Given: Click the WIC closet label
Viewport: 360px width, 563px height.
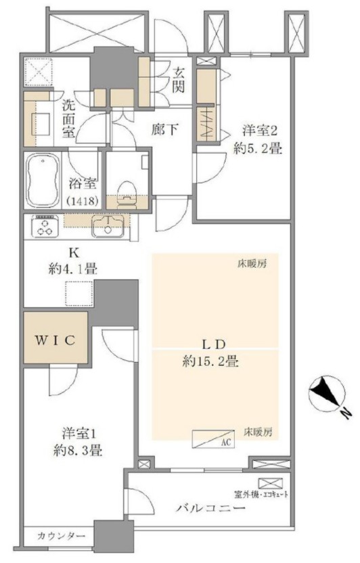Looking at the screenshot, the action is coord(55,340).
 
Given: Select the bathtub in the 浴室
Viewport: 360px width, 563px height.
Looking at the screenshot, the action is coord(43,181).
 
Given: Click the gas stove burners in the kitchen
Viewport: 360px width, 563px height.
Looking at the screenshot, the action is coord(45,226).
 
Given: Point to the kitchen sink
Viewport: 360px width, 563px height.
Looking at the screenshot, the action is coord(108,226).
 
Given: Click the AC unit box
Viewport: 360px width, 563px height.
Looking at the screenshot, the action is coord(213,438).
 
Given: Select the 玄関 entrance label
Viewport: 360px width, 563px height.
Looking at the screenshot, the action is coord(178,81).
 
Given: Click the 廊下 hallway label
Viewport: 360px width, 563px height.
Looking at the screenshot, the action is coord(164,129).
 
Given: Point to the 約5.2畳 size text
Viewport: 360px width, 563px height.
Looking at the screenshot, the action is coord(257,148).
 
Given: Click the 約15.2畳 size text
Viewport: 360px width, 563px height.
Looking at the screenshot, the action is coord(210,361).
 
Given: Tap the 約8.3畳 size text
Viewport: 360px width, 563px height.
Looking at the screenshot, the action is coord(78,451).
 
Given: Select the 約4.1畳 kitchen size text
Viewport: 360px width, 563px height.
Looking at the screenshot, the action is coord(73,269).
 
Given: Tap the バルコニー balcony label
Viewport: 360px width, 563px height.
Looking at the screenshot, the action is coord(211,508).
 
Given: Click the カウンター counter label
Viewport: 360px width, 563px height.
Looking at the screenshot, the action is coord(61,537).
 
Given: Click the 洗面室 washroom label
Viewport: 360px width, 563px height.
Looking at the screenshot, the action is coord(68,119).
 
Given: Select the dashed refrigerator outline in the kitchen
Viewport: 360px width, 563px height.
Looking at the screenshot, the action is coord(79,294).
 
